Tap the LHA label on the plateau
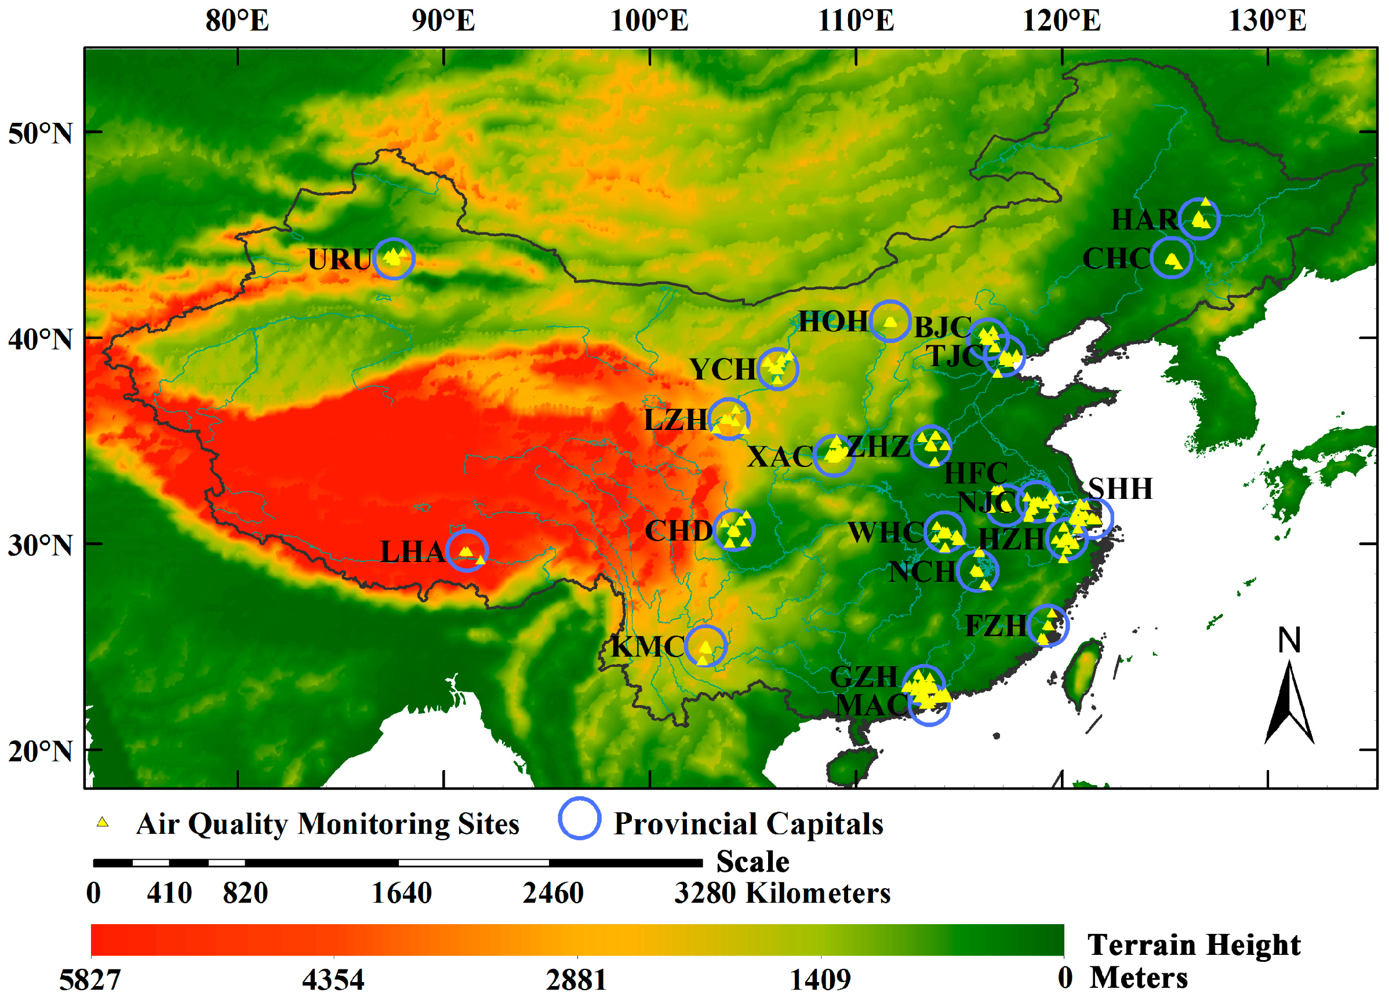click(412, 552)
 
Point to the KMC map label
click(648, 647)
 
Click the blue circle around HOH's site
click(889, 322)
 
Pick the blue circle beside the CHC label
click(1170, 258)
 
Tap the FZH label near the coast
click(996, 626)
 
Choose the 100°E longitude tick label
click(649, 21)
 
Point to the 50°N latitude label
click(41, 133)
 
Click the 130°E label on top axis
click(1267, 21)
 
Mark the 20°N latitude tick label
click(41, 751)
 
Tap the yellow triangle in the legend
click(102, 822)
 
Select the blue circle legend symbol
click(579, 819)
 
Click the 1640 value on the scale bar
click(402, 893)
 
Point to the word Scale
click(752, 862)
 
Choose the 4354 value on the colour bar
click(333, 979)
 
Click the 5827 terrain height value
click(90, 979)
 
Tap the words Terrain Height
click(1193, 944)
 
